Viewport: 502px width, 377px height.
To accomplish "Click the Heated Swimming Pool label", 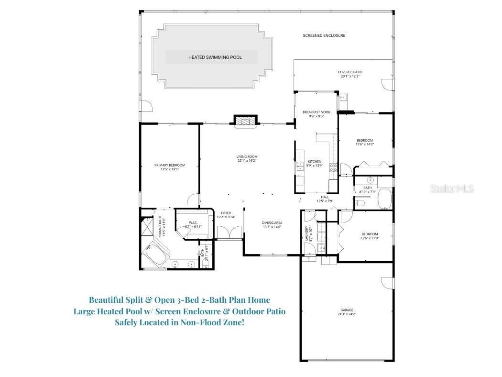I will coord(215,57).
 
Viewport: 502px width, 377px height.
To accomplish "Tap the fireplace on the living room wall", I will coord(245,121).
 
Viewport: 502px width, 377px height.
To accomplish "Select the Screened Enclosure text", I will coord(324,35).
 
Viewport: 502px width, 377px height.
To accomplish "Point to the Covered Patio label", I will coord(350,72).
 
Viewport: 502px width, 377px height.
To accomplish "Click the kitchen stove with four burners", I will coord(333,167).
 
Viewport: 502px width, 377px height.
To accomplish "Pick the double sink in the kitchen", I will coord(300,166).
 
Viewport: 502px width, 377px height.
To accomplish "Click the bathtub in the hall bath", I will coord(385,199).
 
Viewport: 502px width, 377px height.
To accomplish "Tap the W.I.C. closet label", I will coord(193,222).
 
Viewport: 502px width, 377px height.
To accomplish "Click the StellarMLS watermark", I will coord(452,189).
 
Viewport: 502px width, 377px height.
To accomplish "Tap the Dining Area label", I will coord(272,222).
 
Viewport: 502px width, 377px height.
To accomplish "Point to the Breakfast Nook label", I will coord(316,112).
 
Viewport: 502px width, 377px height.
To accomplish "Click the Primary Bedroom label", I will coord(169,165).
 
